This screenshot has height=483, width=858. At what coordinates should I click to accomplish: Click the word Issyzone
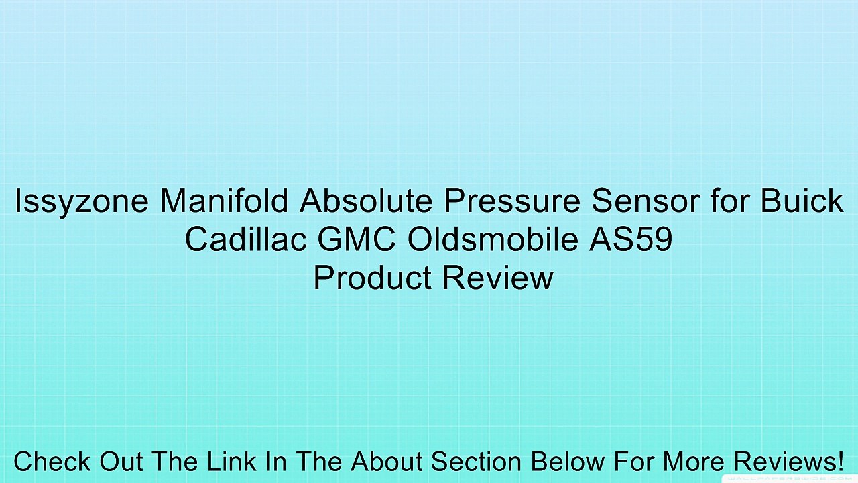pos(82,202)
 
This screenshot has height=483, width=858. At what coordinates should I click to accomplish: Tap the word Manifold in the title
pos(224,201)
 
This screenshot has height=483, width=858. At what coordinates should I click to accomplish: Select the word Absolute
pos(366,201)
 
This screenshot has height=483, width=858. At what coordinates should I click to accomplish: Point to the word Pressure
pos(512,201)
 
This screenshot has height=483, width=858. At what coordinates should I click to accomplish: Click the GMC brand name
pos(357,239)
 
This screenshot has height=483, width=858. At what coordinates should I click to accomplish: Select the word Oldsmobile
pos(493,239)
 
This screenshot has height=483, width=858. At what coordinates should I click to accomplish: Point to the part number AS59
pos(631,239)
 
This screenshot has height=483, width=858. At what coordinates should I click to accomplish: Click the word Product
pos(373,277)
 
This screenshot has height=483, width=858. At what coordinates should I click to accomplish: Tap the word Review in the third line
pos(498,277)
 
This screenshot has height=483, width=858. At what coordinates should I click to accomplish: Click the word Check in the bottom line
pos(52,461)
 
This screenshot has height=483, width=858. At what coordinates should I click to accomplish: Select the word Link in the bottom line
pos(232,461)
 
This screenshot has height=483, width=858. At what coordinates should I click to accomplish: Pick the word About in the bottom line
pos(387,461)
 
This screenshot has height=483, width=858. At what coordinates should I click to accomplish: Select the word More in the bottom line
pos(691,461)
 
